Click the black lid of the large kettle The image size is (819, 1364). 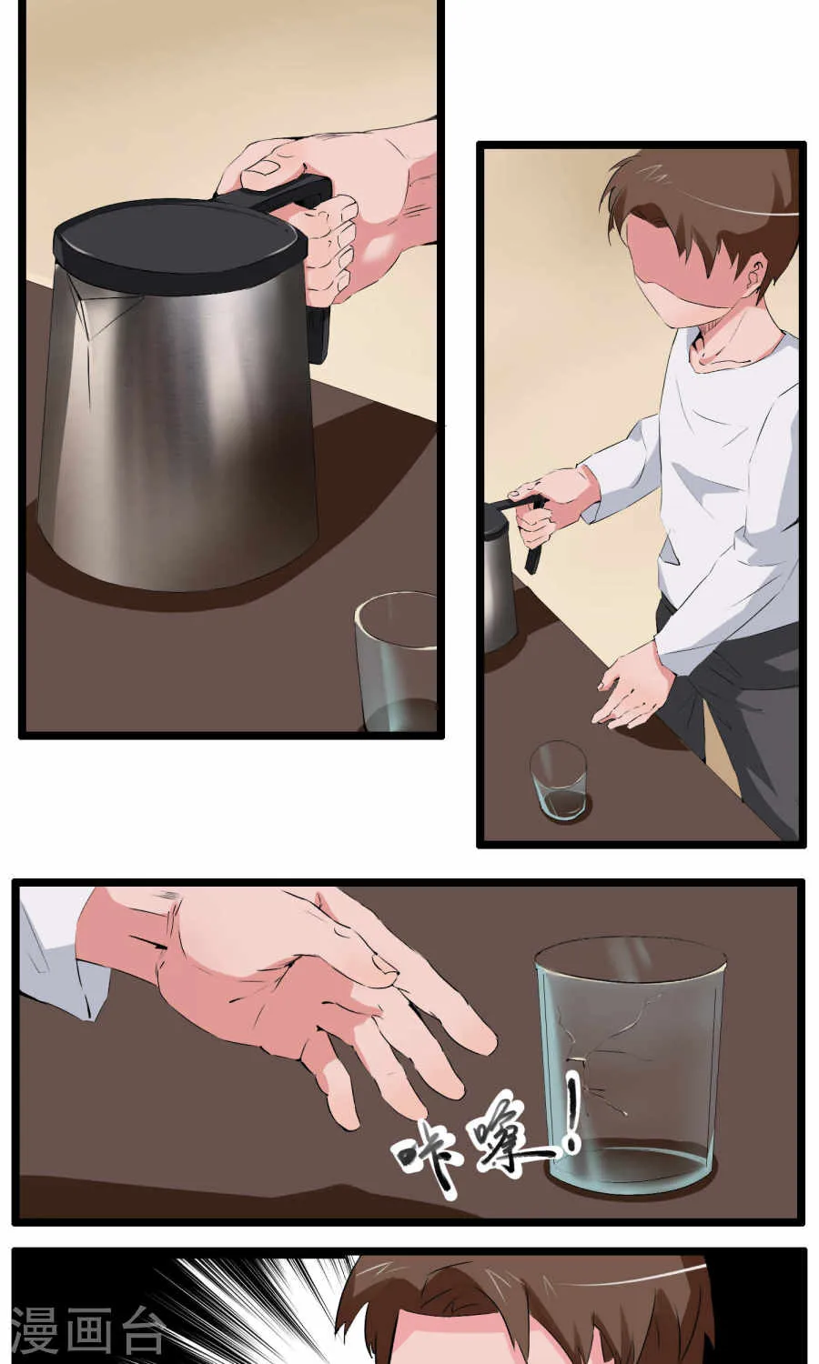click(177, 242)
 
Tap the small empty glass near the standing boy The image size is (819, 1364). click(559, 780)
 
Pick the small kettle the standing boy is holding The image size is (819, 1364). click(499, 581)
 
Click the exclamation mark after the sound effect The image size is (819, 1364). click(571, 1115)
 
